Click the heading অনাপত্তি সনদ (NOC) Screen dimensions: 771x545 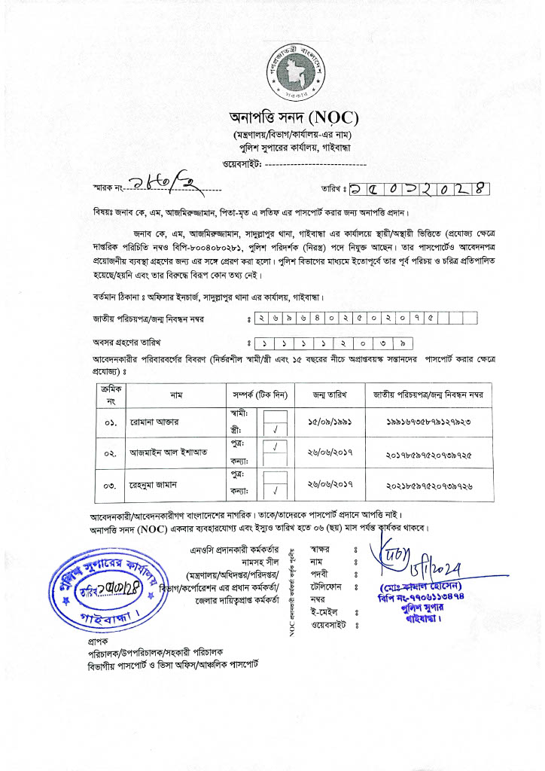[x=295, y=118]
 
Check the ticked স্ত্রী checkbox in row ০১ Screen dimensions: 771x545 [x=276, y=430]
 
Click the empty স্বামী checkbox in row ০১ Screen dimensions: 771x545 [x=276, y=415]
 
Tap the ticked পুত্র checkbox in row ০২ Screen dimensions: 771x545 [x=276, y=446]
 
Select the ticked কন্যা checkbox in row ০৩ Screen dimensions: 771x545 [x=276, y=492]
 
